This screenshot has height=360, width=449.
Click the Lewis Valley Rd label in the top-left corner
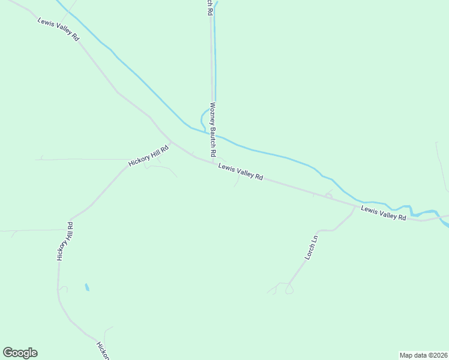tap(58, 29)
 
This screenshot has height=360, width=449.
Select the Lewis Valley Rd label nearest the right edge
tap(384, 212)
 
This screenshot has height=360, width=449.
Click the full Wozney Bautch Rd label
tap(212, 130)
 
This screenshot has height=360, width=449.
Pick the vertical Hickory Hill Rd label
tap(65, 241)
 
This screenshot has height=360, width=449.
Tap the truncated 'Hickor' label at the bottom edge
tap(103, 350)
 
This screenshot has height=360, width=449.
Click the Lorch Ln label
tap(310, 247)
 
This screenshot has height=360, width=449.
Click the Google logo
tap(20, 353)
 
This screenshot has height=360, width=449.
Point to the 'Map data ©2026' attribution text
tap(423, 355)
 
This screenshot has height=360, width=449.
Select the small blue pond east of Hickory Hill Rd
tap(87, 287)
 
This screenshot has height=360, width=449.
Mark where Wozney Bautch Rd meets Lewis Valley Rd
tap(214, 161)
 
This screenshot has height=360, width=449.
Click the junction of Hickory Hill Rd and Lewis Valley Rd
tap(170, 142)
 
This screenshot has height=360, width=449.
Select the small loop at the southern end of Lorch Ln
tap(289, 290)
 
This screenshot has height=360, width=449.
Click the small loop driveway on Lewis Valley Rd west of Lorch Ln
tap(328, 194)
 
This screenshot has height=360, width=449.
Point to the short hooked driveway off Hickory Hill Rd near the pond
tap(63, 289)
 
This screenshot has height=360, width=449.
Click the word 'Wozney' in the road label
tap(212, 115)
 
